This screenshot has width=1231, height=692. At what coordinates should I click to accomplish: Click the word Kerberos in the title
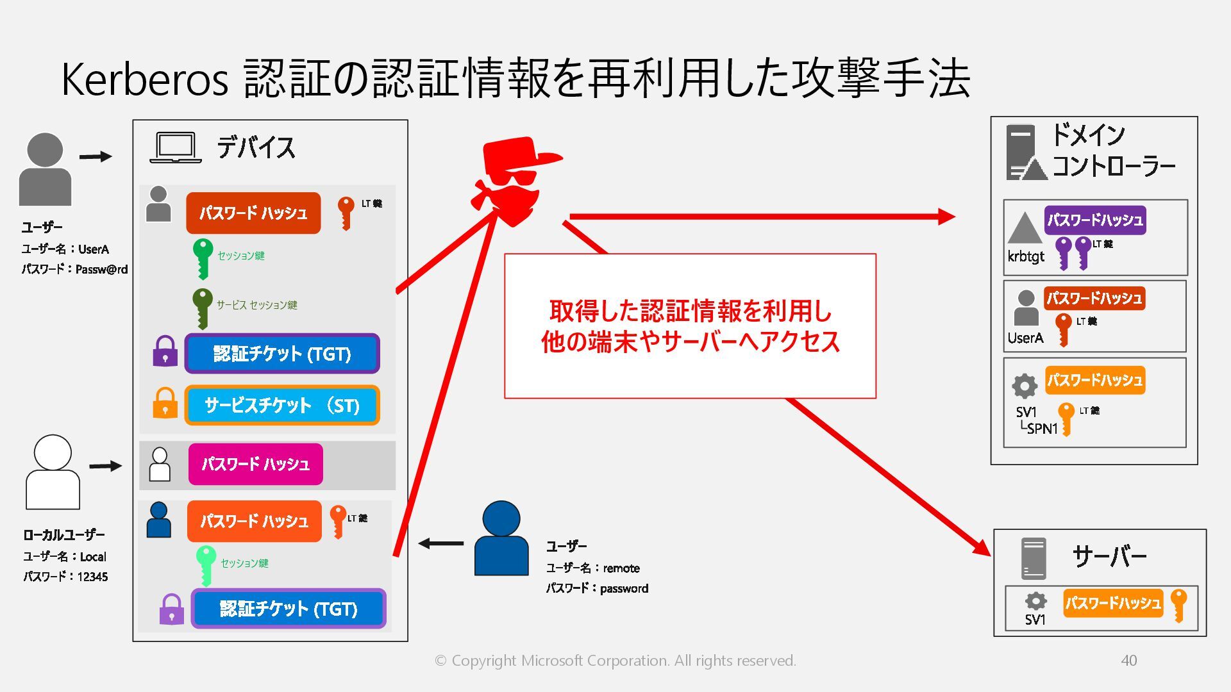pyautogui.click(x=144, y=79)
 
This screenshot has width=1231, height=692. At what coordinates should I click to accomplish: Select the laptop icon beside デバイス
pyautogui.click(x=175, y=148)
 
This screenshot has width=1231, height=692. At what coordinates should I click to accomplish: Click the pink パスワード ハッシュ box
pyautogui.click(x=255, y=464)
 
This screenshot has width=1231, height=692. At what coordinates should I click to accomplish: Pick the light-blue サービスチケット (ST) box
pyautogui.click(x=282, y=405)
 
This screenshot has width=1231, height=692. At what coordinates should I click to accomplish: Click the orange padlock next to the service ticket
pyautogui.click(x=165, y=403)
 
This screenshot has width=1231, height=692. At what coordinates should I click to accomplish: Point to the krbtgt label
pyautogui.click(x=1025, y=256)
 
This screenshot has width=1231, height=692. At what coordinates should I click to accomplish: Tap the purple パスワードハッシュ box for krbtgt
pyautogui.click(x=1094, y=220)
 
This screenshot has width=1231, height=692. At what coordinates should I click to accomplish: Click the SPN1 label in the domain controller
pyautogui.click(x=1041, y=429)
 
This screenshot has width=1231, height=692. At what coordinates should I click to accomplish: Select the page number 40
pyautogui.click(x=1128, y=661)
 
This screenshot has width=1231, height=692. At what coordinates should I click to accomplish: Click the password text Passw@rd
pyautogui.click(x=101, y=270)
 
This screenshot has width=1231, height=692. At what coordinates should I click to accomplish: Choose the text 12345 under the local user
pyautogui.click(x=92, y=577)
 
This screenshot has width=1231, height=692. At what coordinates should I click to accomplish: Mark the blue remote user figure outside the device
pyautogui.click(x=501, y=538)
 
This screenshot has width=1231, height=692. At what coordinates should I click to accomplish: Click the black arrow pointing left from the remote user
pyautogui.click(x=441, y=543)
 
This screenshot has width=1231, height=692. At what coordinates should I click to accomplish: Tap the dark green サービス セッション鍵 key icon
pyautogui.click(x=202, y=307)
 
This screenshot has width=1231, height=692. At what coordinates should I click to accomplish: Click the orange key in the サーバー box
pyautogui.click(x=1178, y=605)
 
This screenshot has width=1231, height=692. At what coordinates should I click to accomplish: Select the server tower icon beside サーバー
pyautogui.click(x=1033, y=558)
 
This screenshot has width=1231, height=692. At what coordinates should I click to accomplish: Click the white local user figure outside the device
pyautogui.click(x=53, y=472)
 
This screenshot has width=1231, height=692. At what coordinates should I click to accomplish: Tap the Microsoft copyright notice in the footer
pyautogui.click(x=615, y=661)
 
